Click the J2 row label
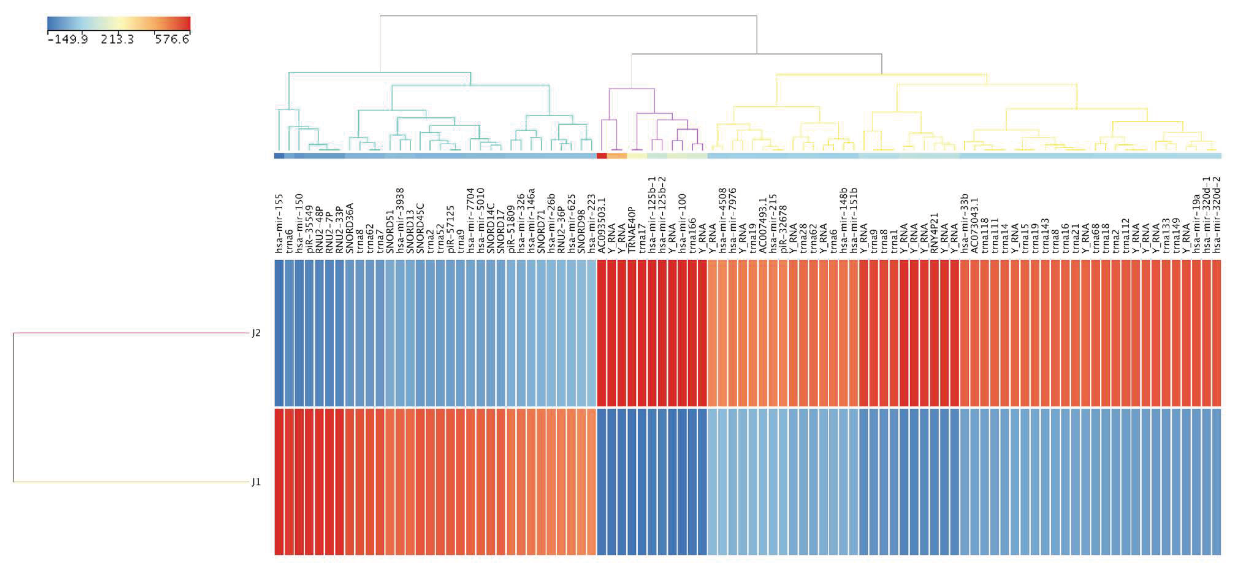256,333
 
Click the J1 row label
256,482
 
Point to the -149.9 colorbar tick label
68,39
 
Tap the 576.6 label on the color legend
172,39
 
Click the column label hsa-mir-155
279,224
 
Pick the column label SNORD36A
350,228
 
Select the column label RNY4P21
934,233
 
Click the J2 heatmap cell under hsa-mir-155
279,333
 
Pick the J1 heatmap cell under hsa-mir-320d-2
1216,482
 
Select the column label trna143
1044,235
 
